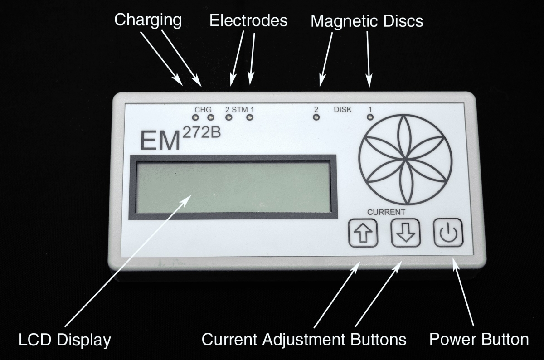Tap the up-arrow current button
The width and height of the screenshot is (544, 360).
[x=363, y=233]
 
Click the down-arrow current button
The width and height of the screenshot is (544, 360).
[x=406, y=233]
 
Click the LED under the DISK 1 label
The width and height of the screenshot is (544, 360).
[x=370, y=117]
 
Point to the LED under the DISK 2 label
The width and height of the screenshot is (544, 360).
[x=316, y=117]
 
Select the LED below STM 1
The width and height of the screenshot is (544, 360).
[x=250, y=117]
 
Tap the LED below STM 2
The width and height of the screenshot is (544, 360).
[x=228, y=117]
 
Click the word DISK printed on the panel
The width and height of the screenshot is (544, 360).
[x=343, y=110]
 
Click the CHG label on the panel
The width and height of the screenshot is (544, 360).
[x=203, y=110]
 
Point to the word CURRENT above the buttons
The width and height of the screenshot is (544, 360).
[x=386, y=212]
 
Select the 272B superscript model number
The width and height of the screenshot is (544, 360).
[x=201, y=133]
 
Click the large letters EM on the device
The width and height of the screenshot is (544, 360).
[x=160, y=141]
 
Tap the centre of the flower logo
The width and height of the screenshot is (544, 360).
[x=405, y=160]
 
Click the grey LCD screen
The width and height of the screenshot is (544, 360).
[x=233, y=187]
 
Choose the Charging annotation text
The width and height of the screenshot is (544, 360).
[x=148, y=20]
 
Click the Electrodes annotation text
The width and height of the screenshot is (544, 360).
[x=248, y=20]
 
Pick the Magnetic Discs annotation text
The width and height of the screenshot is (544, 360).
[x=367, y=21]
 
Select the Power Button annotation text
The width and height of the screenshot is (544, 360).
[x=479, y=339]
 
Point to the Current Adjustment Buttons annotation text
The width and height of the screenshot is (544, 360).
[x=304, y=340]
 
